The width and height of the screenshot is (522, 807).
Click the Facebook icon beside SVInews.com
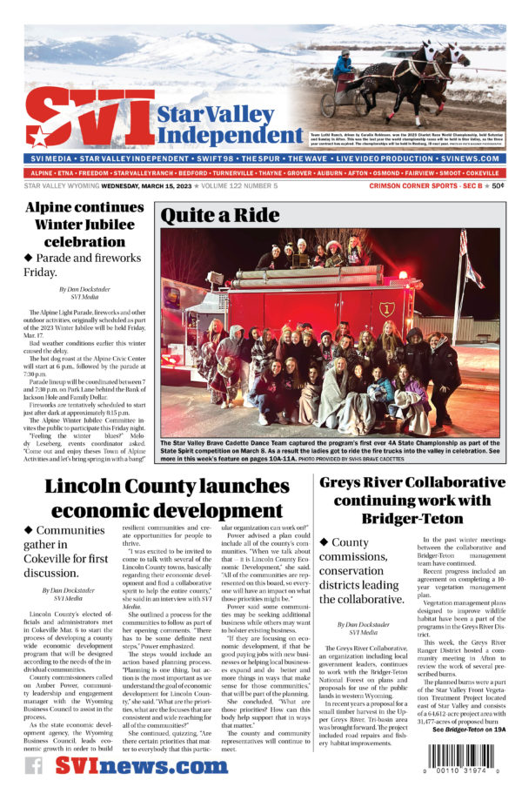point(34,765)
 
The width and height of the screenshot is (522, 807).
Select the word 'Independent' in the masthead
point(230,135)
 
